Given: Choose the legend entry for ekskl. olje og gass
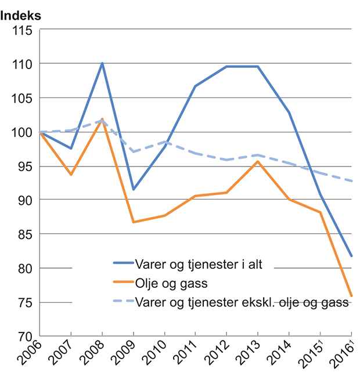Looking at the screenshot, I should pyautogui.click(x=241, y=302).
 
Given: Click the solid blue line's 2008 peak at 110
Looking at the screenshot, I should pyautogui.click(x=102, y=63).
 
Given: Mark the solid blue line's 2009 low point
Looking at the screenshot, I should pyautogui.click(x=134, y=190).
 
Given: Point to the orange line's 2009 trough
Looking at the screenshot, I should pyautogui.click(x=134, y=222).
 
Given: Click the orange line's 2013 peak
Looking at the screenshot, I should pyautogui.click(x=258, y=161).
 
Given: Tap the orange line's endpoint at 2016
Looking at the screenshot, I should pyautogui.click(x=351, y=296).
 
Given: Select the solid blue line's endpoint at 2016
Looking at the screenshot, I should pyautogui.click(x=351, y=256).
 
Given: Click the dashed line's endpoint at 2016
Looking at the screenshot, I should pyautogui.click(x=351, y=181).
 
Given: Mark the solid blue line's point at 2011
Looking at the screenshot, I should pyautogui.click(x=196, y=86).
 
